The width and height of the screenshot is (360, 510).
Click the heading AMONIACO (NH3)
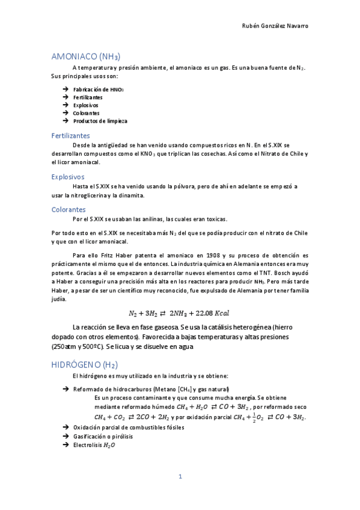pos(87,57)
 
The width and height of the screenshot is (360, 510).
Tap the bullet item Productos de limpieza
pos(100,121)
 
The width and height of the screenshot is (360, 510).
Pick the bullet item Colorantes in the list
pos(86,113)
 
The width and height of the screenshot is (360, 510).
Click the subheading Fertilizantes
pos(71,136)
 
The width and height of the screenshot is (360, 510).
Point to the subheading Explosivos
pos(68,177)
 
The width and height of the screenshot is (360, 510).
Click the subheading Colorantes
pos(69,209)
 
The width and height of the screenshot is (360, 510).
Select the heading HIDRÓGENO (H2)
pos(85,364)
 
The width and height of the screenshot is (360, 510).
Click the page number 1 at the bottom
pos(180,476)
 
